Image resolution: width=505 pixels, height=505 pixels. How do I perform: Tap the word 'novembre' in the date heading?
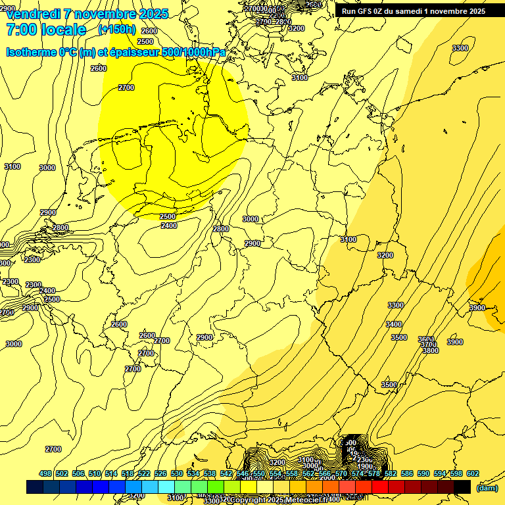tap(103, 14)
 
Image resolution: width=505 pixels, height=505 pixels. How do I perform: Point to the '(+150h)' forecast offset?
tap(116, 30)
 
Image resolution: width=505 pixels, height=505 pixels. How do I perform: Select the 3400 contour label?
tap(394, 324)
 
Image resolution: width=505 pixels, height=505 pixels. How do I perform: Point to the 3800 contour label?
tap(430, 350)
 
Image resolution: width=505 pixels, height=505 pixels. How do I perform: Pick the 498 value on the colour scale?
tap(45, 473)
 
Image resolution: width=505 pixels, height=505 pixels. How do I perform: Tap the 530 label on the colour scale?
tap(177, 473)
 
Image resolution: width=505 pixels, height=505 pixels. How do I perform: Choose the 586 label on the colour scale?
tap(407, 473)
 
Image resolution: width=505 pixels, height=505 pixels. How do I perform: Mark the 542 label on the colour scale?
tap(226, 473)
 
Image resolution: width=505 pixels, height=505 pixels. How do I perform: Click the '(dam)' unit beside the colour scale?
tap(487, 487)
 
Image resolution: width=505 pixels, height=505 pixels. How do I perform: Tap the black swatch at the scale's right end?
tap(462, 487)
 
